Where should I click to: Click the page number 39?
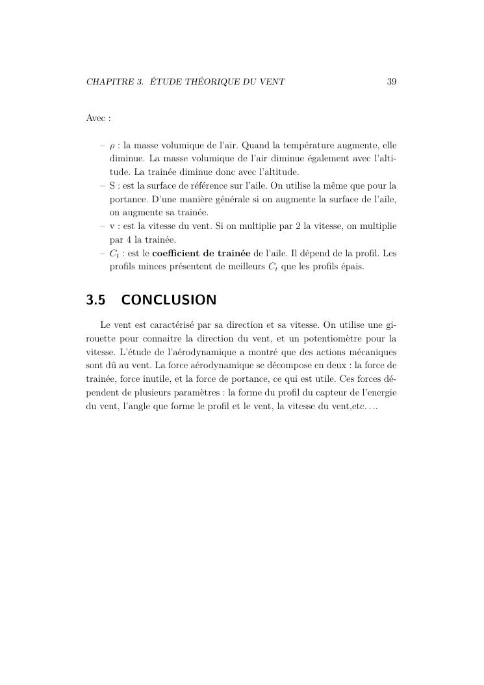pyautogui.click(x=391, y=82)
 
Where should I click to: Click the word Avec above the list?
pyautogui.click(x=95, y=118)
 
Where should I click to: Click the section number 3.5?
pyautogui.click(x=96, y=300)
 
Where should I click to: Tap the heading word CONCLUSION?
pyautogui.click(x=168, y=300)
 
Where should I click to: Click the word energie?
pyautogui.click(x=382, y=393)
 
